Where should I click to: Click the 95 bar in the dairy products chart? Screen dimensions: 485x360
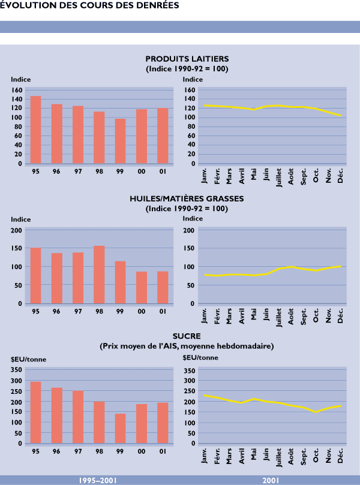pyautogui.click(x=36, y=129)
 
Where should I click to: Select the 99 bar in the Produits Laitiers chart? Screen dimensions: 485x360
pyautogui.click(x=120, y=141)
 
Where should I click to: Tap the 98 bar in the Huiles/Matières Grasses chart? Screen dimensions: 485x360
pyautogui.click(x=99, y=275)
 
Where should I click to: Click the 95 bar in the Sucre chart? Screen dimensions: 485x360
pyautogui.click(x=36, y=412)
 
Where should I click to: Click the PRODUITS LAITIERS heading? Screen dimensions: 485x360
pyautogui.click(x=187, y=59)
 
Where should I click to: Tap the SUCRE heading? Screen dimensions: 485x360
pyautogui.click(x=187, y=336)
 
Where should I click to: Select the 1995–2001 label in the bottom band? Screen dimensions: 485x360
pyautogui.click(x=98, y=481)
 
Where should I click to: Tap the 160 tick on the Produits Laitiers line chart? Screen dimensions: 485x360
pyautogui.click(x=189, y=90)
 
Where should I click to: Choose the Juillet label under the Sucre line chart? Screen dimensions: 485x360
pyautogui.click(x=279, y=457)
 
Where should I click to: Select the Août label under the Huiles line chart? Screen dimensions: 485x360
pyautogui.click(x=291, y=315)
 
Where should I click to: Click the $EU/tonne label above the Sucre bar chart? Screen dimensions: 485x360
pyautogui.click(x=29, y=360)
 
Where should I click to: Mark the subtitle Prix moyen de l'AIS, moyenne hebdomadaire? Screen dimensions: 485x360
pyautogui.click(x=187, y=346)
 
